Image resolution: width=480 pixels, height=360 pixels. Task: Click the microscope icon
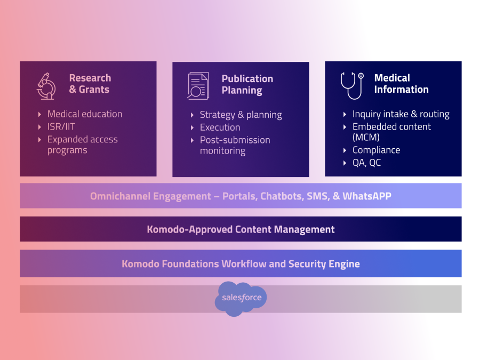click(46, 86)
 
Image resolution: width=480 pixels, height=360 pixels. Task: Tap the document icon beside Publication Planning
click(198, 86)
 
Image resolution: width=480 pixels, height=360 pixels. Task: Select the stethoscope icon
click(352, 86)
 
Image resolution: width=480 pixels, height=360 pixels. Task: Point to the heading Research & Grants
click(90, 84)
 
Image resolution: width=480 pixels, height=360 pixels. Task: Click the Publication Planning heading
click(247, 84)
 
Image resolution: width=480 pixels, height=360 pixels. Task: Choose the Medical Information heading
click(401, 84)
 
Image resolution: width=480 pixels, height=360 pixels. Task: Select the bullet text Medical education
click(85, 114)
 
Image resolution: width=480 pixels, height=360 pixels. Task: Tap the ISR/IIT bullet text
click(61, 127)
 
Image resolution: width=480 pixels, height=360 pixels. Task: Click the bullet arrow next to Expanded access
click(39, 140)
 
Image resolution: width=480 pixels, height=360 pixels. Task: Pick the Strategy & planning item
click(241, 115)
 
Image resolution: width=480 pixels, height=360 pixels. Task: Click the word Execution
click(220, 127)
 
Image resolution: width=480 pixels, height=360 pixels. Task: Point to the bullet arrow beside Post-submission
click(192, 140)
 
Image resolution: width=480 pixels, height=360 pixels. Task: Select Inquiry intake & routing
click(401, 114)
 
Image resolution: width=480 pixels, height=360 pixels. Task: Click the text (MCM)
click(366, 137)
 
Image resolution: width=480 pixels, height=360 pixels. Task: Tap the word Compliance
click(376, 150)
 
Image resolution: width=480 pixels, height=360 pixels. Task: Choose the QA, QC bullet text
click(367, 163)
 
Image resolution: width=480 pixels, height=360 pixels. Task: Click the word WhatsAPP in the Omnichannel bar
click(367, 196)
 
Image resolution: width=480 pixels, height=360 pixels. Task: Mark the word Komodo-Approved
click(189, 229)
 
